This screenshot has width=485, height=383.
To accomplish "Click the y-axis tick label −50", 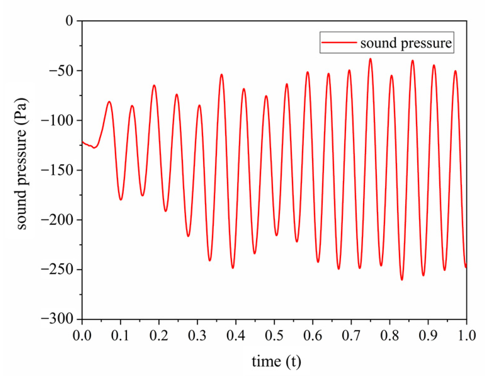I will pos(61,71).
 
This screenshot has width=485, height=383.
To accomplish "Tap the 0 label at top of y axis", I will pos(69,21).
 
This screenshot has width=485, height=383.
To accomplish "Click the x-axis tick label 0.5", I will pos(274,336).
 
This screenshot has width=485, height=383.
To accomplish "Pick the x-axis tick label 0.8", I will pos(389,336).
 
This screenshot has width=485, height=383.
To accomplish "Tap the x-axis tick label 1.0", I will pos(466,336).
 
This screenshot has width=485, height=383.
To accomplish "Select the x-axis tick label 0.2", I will pos(159,336).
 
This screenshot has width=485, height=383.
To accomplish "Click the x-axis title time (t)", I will pos(276,361).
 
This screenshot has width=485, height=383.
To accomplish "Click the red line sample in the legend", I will pos(339,42).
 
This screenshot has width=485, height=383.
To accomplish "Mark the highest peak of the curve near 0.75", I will pos(370,59).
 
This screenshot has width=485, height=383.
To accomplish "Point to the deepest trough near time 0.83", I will pos(402,280).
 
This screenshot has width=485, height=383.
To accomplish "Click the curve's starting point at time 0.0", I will pos(82,142).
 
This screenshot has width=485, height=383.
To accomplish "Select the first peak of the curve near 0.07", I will pos(109,102).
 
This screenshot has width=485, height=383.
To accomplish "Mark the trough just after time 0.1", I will pos(121,200).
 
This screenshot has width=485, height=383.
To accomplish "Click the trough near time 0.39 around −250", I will pos(233,268).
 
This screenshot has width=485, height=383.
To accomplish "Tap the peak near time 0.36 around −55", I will pos(222,75).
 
